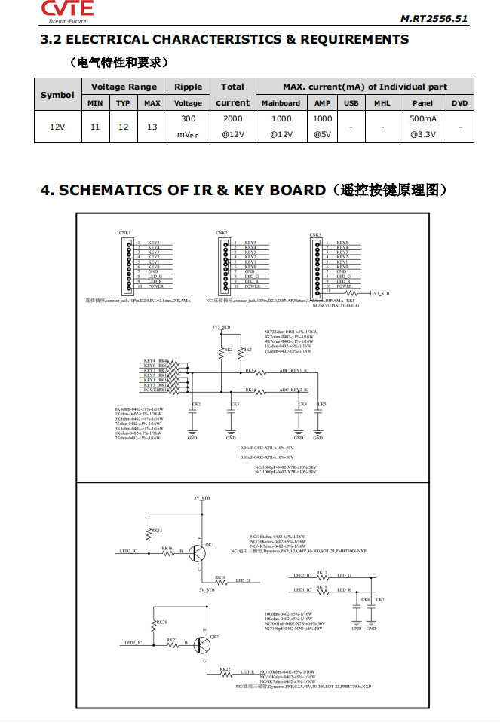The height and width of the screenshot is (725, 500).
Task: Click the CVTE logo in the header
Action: [x=66, y=11]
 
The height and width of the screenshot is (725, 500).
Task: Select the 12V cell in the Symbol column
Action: [x=57, y=127]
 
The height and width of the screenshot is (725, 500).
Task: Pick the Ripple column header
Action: [x=188, y=94]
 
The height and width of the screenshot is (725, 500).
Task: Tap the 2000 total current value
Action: [x=232, y=119]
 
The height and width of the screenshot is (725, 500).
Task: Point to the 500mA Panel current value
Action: [x=422, y=119]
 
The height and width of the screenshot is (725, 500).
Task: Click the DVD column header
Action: [x=460, y=102]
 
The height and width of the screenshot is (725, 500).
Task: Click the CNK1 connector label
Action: [x=124, y=234]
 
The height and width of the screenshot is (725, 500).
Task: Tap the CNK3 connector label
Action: [x=315, y=234]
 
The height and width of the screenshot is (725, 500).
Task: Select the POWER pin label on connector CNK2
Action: [x=252, y=286]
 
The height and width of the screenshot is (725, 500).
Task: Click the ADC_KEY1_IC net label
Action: [x=294, y=371]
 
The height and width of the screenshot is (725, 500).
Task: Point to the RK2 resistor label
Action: [x=228, y=350]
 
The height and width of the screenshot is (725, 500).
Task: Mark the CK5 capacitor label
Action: [x=322, y=405]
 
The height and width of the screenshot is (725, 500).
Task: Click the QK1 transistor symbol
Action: [x=198, y=554]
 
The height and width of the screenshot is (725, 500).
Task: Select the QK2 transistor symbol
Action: [x=202, y=645]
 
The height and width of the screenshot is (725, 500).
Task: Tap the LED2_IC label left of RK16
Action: [x=129, y=552]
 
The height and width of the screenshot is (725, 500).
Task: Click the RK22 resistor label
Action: [x=225, y=668]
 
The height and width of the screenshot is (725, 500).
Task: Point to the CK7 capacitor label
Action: [x=379, y=599]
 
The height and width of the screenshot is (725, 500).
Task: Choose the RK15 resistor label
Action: [x=157, y=531]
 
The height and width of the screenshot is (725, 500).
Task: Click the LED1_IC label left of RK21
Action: [x=133, y=643]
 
